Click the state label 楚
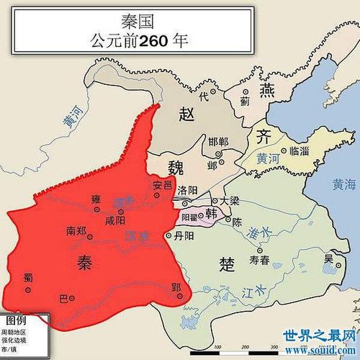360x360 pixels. (222, 264)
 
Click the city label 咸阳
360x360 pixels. (114, 221)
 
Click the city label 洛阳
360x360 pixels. (186, 190)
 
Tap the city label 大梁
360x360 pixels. (230, 202)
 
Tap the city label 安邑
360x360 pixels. (163, 186)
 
